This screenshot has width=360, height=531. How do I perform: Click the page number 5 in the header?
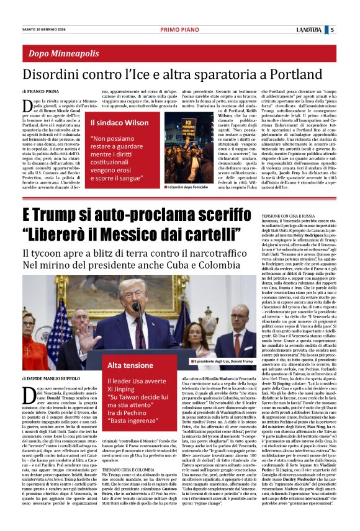[349, 29]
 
